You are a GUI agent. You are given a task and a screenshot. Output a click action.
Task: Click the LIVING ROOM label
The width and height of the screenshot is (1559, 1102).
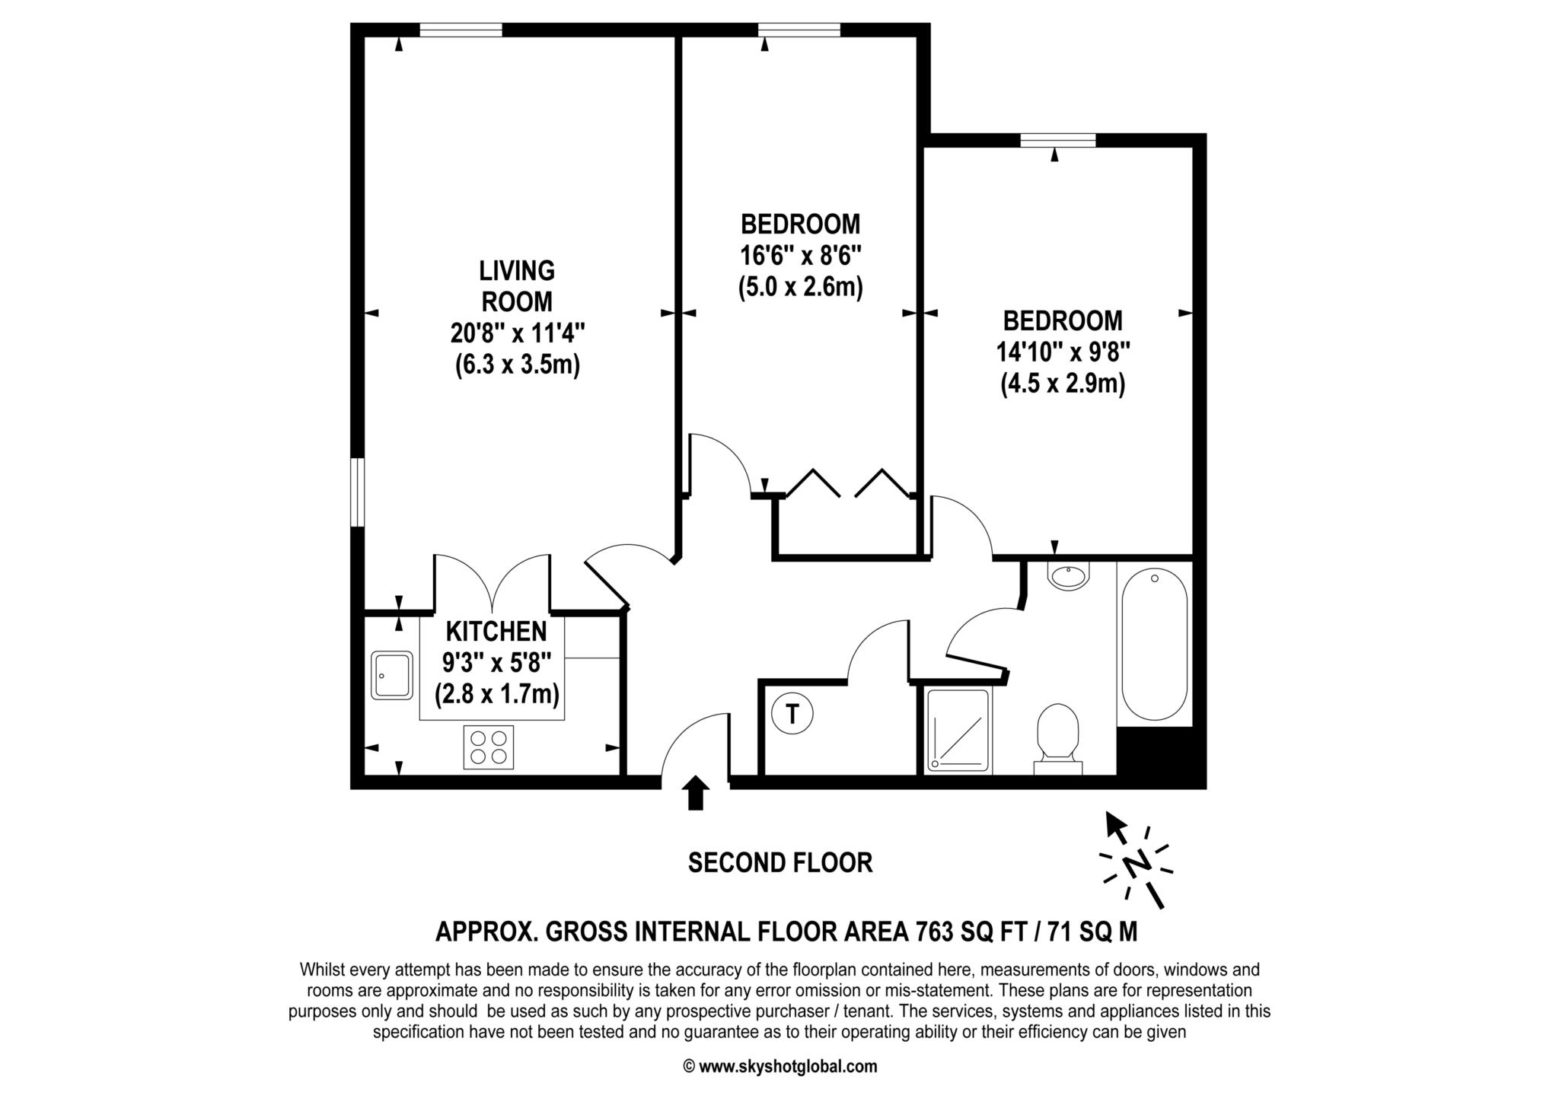click(517, 286)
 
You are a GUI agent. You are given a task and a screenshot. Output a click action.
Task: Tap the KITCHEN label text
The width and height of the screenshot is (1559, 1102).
click(496, 631)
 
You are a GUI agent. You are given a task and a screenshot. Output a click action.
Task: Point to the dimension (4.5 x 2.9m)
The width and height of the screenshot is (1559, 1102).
click(1063, 384)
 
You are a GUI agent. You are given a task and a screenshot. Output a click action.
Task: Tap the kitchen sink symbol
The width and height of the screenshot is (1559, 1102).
click(392, 675)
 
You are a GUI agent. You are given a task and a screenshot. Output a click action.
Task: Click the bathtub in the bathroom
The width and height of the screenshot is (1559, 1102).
click(1155, 644)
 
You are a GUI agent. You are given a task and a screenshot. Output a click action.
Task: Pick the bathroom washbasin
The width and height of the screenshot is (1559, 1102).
click(1069, 575)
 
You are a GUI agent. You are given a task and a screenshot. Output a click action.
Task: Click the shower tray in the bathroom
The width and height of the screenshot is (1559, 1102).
click(958, 731)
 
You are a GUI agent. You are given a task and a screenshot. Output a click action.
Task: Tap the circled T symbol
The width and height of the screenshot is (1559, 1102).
click(792, 714)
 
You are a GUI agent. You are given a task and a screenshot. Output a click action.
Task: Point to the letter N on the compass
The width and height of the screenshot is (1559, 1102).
click(1137, 865)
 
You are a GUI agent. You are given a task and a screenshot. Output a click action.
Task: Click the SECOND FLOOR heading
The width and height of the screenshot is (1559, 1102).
click(780, 862)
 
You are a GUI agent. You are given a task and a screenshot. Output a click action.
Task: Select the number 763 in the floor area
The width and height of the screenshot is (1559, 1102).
click(935, 932)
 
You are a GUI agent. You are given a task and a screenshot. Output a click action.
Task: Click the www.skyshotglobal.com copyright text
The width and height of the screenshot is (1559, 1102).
click(780, 1066)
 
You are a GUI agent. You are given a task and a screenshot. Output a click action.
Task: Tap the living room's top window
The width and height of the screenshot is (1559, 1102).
click(461, 30)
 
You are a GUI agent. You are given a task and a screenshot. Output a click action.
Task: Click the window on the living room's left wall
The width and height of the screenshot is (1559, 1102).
click(357, 492)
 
